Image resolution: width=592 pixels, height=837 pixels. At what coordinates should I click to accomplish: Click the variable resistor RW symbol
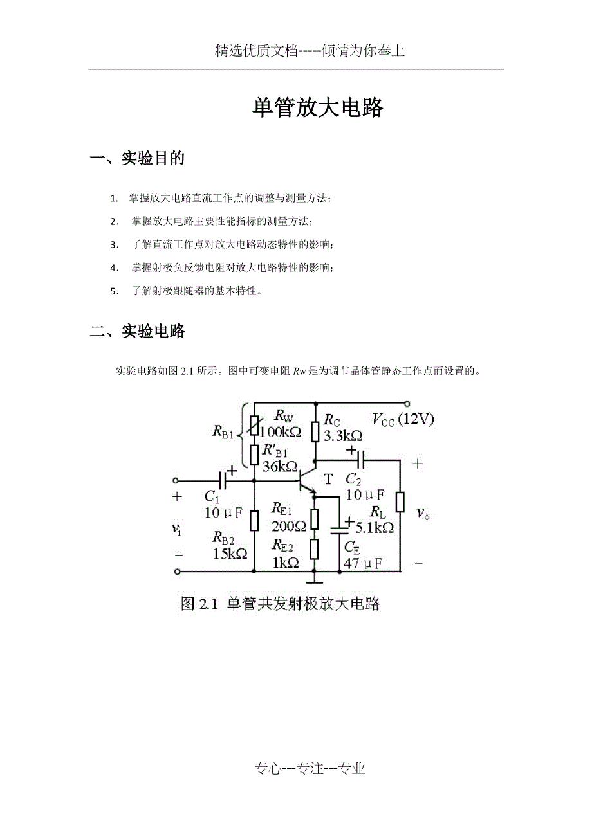(x=255, y=425)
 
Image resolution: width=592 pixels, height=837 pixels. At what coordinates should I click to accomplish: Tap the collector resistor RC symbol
(x=315, y=431)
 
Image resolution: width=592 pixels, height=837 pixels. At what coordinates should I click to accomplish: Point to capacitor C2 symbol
(x=360, y=460)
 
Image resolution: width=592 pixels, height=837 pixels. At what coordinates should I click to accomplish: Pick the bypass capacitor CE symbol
(x=340, y=530)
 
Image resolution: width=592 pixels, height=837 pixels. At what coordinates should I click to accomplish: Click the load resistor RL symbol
(x=400, y=502)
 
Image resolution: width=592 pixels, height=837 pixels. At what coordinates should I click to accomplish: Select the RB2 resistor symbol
(x=255, y=519)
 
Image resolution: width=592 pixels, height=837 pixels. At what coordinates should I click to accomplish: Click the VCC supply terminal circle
(x=407, y=404)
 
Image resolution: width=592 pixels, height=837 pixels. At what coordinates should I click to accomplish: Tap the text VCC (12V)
(x=403, y=419)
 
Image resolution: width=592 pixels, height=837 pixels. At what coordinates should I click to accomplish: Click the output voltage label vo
(x=422, y=512)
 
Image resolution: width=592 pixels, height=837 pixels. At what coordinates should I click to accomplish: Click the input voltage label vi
(x=176, y=528)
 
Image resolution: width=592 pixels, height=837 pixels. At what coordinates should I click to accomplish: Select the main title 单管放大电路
(x=319, y=108)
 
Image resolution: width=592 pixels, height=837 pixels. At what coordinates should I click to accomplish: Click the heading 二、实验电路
(x=138, y=331)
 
